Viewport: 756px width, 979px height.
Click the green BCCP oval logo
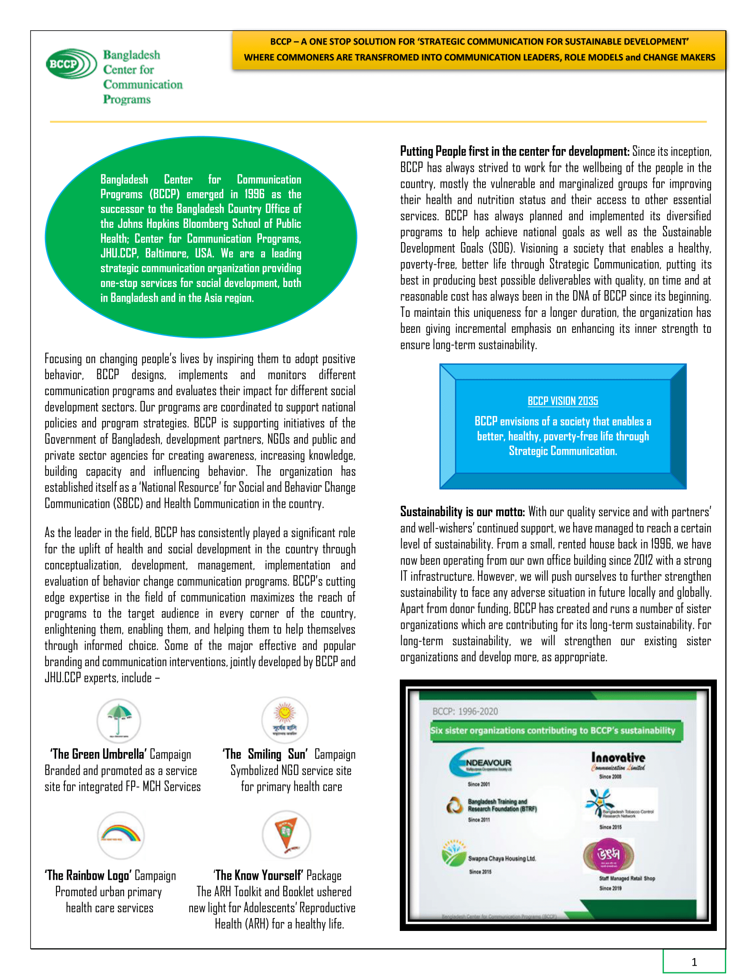click(x=71, y=64)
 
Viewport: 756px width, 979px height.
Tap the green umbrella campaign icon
click(x=119, y=720)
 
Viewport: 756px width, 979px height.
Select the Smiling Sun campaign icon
click(x=285, y=719)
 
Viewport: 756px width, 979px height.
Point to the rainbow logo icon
click(x=121, y=835)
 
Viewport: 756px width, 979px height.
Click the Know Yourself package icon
click(x=286, y=834)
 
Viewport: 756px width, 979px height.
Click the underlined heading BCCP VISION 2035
click(x=563, y=401)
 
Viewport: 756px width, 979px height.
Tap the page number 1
click(x=694, y=962)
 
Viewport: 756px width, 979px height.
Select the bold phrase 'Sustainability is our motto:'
click(x=462, y=512)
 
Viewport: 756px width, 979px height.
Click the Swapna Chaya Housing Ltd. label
click(x=502, y=858)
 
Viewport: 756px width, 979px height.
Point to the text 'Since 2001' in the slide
click(x=479, y=784)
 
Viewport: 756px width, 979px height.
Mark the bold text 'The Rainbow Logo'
click(x=88, y=875)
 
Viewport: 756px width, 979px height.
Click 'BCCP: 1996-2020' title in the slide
click(x=465, y=712)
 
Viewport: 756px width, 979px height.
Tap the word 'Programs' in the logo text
click(x=127, y=99)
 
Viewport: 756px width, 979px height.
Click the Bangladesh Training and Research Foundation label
click(x=502, y=805)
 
